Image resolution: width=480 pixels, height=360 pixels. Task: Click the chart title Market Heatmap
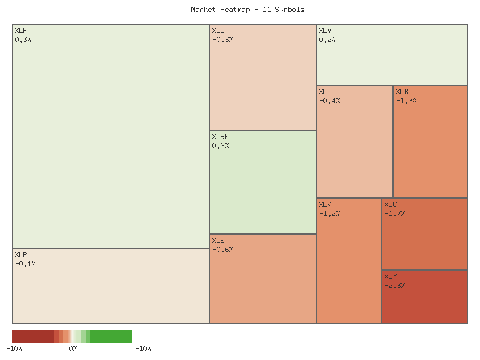click(247, 10)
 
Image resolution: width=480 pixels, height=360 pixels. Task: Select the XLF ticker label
click(20, 31)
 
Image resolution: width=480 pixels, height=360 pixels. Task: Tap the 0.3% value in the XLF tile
click(23, 39)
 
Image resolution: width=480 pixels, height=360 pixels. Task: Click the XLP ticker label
click(20, 255)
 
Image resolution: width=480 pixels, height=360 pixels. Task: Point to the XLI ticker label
click(218, 31)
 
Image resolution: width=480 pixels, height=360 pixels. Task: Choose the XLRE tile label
click(220, 137)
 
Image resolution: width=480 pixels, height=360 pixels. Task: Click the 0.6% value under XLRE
click(220, 145)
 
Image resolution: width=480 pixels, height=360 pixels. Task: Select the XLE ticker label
click(218, 241)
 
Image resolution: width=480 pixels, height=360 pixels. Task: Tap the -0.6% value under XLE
click(222, 249)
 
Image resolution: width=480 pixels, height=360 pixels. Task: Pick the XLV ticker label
click(325, 31)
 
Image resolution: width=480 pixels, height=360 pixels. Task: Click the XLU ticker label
click(325, 92)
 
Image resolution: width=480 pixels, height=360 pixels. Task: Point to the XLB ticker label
click(402, 92)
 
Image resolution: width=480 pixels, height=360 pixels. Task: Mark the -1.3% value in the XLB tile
click(406, 100)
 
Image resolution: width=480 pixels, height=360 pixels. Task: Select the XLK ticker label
click(325, 205)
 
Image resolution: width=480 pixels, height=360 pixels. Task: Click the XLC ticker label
click(391, 205)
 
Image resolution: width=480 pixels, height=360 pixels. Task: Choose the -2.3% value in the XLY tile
click(394, 285)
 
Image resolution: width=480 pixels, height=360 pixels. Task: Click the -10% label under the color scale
click(14, 349)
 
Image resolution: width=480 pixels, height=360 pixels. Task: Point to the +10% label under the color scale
click(143, 349)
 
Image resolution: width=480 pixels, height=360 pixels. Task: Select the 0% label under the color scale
click(73, 349)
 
